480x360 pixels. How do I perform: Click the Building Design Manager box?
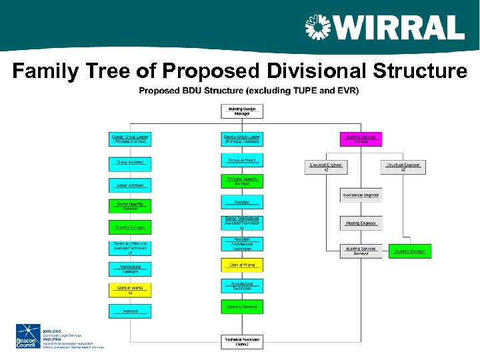[241, 111]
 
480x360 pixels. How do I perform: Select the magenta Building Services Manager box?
[361, 139]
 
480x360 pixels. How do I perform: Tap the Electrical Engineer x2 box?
[326, 167]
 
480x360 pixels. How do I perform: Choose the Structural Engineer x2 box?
[403, 167]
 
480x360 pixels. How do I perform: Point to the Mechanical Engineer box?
[361, 195]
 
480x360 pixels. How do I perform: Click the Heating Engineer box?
[361, 223]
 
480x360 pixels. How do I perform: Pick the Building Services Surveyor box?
[361, 251]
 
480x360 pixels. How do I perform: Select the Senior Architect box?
[130, 185]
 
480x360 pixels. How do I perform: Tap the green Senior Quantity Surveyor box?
[130, 206]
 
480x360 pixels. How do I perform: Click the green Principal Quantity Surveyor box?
[241, 181]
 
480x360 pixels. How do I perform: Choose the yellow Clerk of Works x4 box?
[130, 290]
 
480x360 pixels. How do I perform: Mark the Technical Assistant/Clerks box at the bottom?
[241, 341]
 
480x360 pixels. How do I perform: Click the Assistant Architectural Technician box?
[241, 244]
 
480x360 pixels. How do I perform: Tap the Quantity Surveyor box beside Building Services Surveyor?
[411, 251]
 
